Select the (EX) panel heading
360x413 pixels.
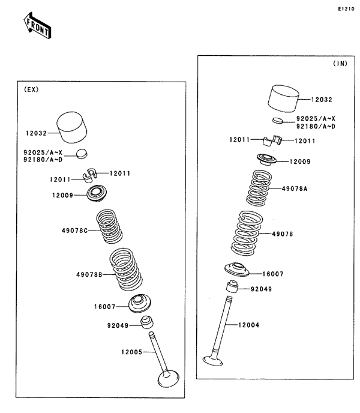(x=31, y=89)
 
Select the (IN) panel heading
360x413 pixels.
(x=340, y=63)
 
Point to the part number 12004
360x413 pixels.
(x=248, y=325)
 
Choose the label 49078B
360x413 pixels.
(x=88, y=275)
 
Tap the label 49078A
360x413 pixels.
(x=295, y=188)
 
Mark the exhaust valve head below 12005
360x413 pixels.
(x=169, y=379)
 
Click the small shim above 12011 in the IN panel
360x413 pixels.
(x=277, y=121)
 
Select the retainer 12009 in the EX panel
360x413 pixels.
(x=97, y=194)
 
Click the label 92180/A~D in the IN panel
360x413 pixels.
(x=315, y=127)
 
